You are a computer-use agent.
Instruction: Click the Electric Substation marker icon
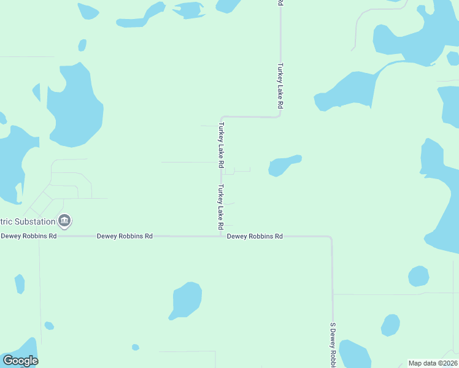tap(64, 220)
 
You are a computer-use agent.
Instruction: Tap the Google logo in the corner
tap(20, 361)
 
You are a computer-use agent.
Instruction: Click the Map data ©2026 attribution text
tap(433, 363)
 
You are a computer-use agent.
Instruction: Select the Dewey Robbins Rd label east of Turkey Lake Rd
tap(255, 236)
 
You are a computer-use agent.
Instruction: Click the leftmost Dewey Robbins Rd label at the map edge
tap(28, 236)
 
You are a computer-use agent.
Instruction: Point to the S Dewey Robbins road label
tap(333, 343)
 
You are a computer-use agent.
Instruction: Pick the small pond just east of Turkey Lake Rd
tap(283, 164)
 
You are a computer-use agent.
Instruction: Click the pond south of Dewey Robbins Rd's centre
tap(185, 300)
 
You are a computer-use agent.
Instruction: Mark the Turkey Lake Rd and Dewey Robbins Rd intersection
tap(221, 236)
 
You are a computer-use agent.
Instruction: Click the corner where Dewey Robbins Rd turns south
tap(331, 237)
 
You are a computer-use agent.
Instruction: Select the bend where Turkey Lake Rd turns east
tap(222, 117)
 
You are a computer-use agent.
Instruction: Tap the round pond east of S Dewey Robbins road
tap(418, 276)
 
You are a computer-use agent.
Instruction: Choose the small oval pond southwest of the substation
tap(20, 284)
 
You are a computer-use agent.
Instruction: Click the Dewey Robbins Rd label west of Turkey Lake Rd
tap(125, 236)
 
